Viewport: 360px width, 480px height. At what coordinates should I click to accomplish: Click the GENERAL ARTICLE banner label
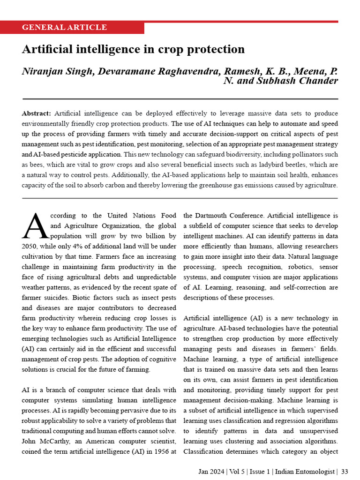pos(64,27)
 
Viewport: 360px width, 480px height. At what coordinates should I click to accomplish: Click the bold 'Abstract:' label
pos(37,113)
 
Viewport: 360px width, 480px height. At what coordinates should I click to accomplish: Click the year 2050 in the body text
pos(31,246)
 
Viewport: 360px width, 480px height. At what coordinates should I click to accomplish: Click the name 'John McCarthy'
pos(45,442)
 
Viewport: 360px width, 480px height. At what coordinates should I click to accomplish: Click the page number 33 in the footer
pos(345,471)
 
